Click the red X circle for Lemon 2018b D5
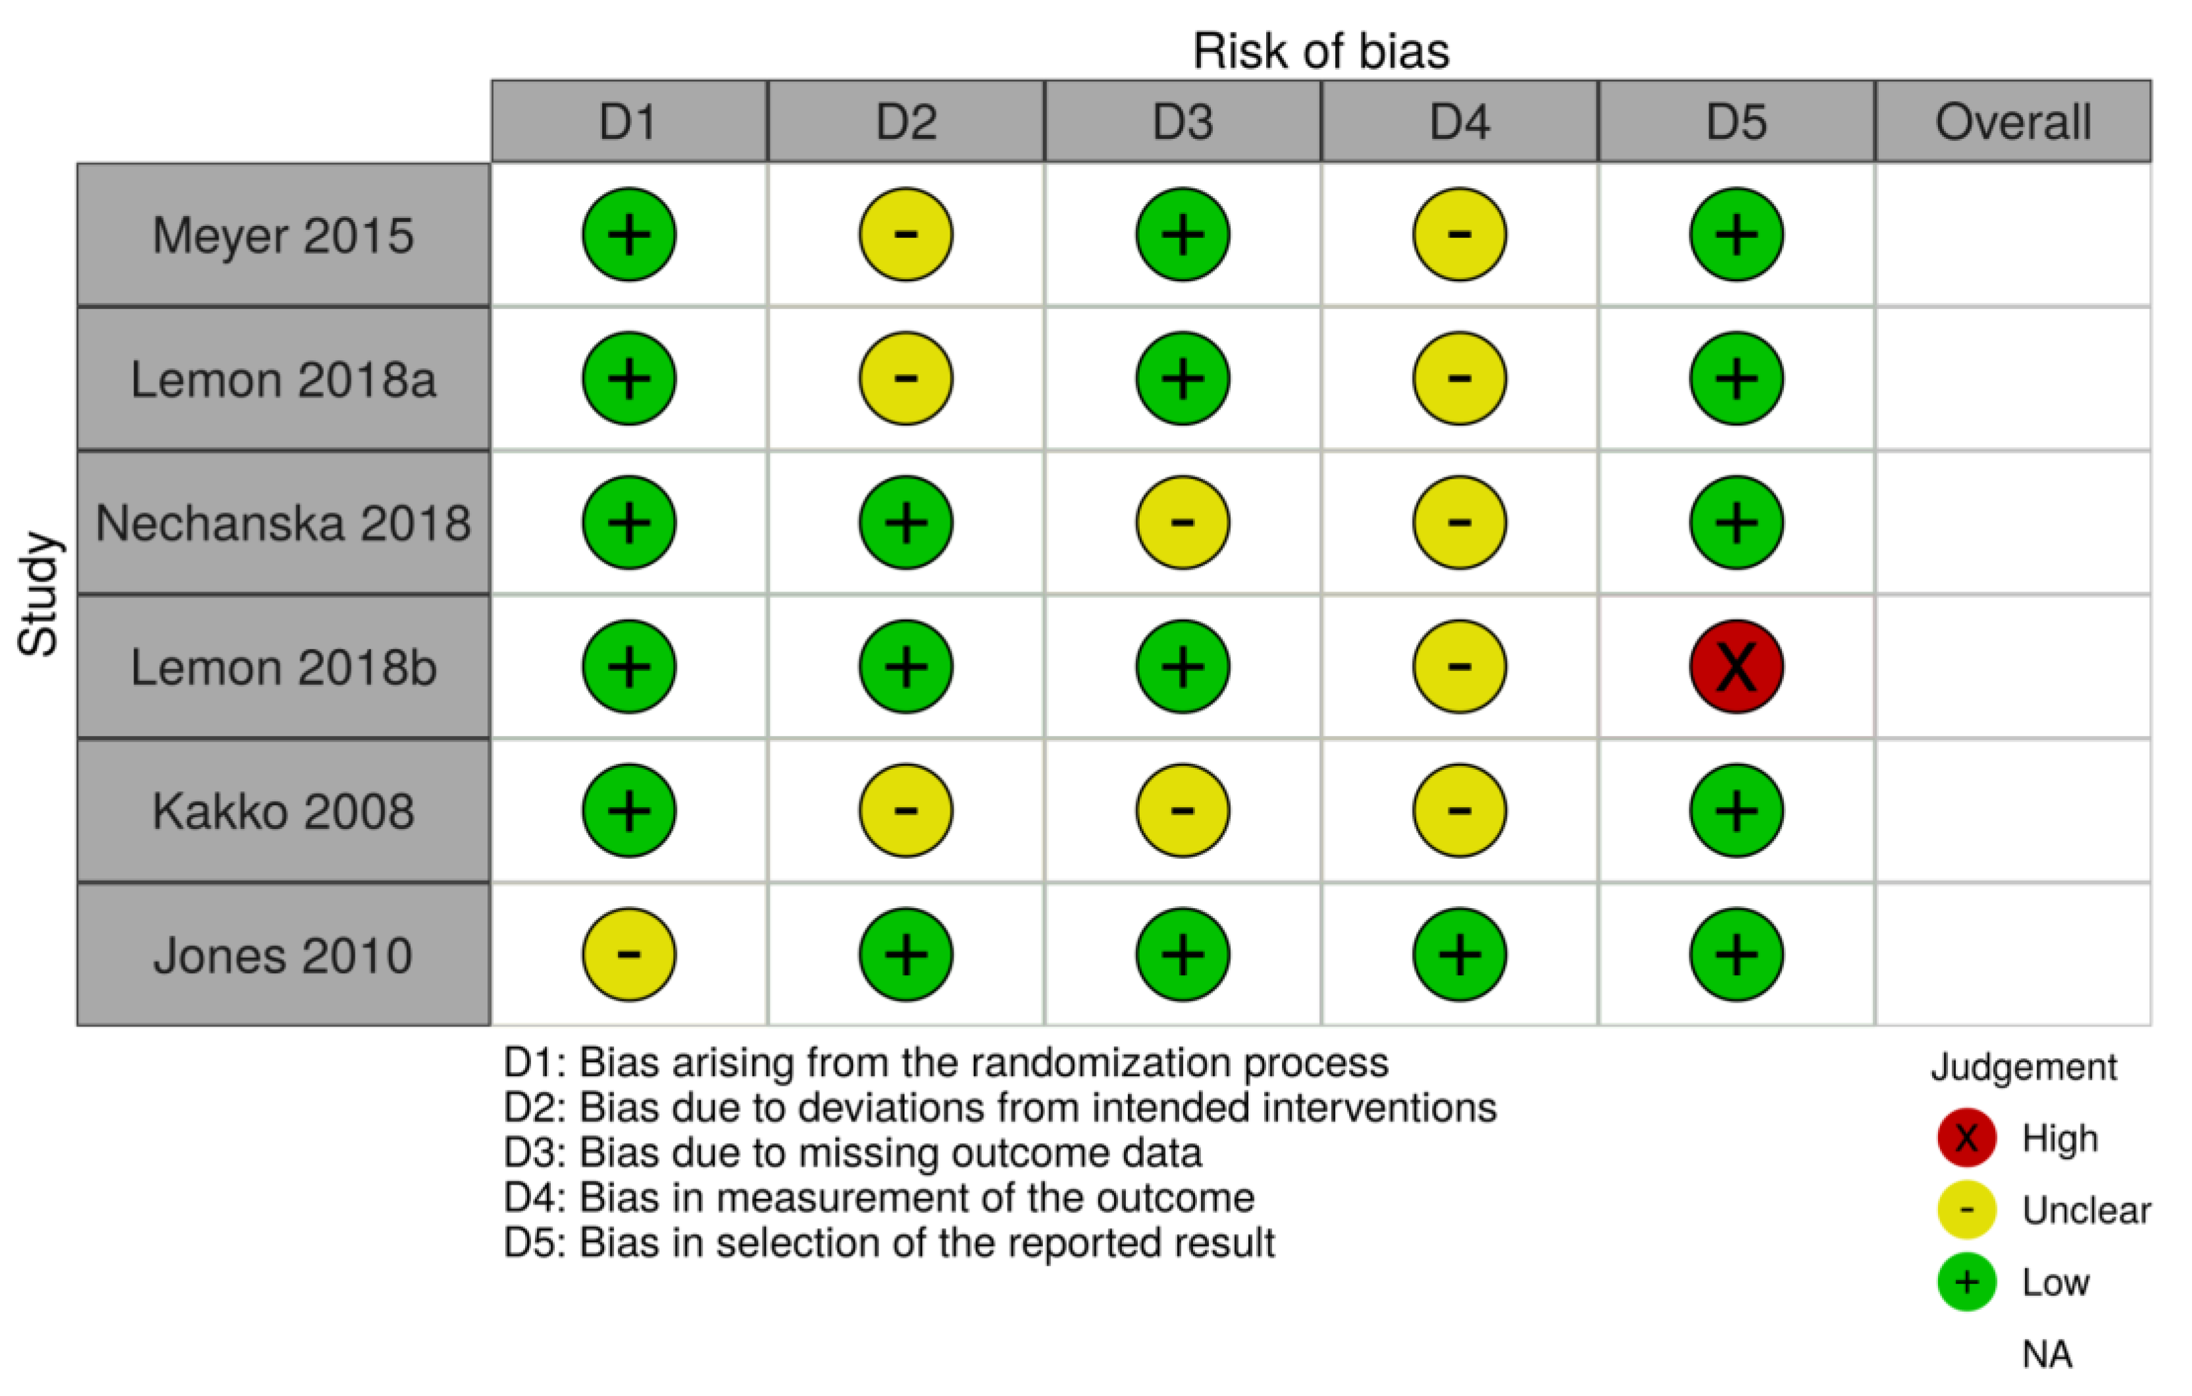(x=1736, y=666)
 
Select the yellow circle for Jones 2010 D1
(x=629, y=954)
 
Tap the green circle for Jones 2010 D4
(x=1459, y=954)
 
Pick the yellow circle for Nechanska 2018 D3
(x=1183, y=523)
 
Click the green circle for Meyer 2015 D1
(x=629, y=235)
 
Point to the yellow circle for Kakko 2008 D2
(x=905, y=811)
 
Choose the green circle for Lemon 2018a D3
(x=1183, y=379)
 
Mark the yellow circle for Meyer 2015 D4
(x=1459, y=235)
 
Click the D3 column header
(x=1183, y=122)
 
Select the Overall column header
(x=2012, y=122)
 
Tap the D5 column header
(x=1736, y=122)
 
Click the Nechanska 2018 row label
(x=283, y=523)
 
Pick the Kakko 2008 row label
(x=283, y=811)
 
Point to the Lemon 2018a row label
(x=283, y=379)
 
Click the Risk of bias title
(x=1321, y=51)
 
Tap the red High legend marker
(x=1966, y=1137)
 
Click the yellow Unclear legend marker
(x=1966, y=1210)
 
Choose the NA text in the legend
(x=2047, y=1354)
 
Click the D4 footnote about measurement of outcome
(x=879, y=1198)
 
